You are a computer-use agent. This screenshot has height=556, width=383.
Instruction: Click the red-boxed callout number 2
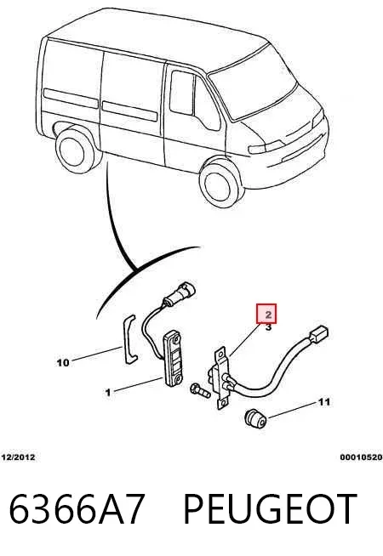[268, 315]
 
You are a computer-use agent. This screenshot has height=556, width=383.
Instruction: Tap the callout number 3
[268, 327]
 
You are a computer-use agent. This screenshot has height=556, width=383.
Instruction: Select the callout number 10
[63, 363]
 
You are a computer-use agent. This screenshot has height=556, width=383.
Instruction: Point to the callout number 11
[323, 402]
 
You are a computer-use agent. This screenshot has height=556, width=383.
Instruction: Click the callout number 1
[108, 393]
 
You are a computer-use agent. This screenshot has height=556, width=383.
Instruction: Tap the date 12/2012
[19, 457]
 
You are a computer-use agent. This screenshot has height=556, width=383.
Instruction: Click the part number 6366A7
[77, 508]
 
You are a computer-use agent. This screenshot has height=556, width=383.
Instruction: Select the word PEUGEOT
[270, 508]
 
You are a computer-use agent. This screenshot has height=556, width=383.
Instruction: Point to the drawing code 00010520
[362, 457]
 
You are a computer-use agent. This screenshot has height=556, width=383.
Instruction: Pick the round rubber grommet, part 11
[255, 419]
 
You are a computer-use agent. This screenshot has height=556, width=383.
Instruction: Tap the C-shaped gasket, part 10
[129, 338]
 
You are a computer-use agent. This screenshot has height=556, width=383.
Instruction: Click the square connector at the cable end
[319, 333]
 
